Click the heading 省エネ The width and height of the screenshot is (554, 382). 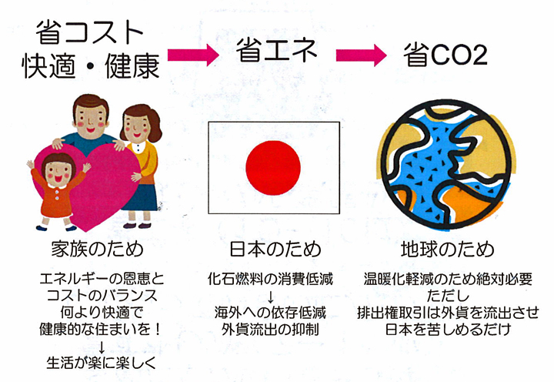tap(277, 50)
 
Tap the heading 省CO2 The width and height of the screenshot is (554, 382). tap(446, 55)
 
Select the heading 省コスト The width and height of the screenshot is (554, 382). tap(89, 32)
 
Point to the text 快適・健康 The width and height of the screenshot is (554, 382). tap(91, 65)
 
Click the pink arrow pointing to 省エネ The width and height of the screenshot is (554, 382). tap(193, 55)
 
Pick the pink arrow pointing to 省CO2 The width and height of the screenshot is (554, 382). tap(361, 55)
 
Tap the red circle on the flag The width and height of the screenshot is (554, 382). tap(273, 168)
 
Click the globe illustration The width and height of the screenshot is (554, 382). tap(446, 165)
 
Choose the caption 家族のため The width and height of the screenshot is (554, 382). tap(97, 249)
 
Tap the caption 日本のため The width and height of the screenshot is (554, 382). tap(275, 249)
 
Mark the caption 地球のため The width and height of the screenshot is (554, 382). tap(447, 249)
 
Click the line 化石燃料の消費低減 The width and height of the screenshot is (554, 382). tap(270, 279)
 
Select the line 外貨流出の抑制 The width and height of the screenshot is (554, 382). tap(270, 330)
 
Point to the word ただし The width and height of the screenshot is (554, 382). tap(448, 296)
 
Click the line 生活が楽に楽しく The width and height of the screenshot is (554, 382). tap(101, 363)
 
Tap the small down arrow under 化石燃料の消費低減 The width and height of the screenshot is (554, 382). tap(271, 297)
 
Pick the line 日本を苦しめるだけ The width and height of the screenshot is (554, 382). tap(448, 330)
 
